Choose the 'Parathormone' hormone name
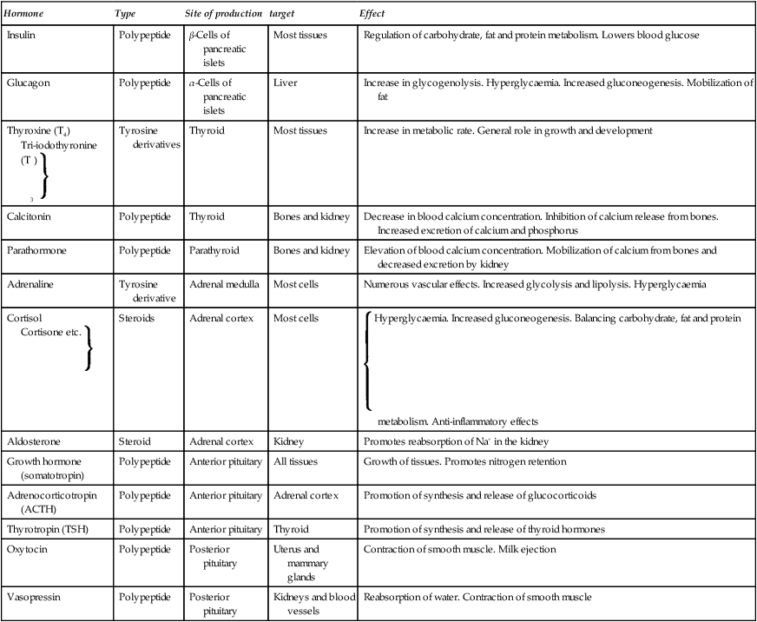(36, 249)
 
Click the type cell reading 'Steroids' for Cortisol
(136, 318)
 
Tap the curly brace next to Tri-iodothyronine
(42, 174)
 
